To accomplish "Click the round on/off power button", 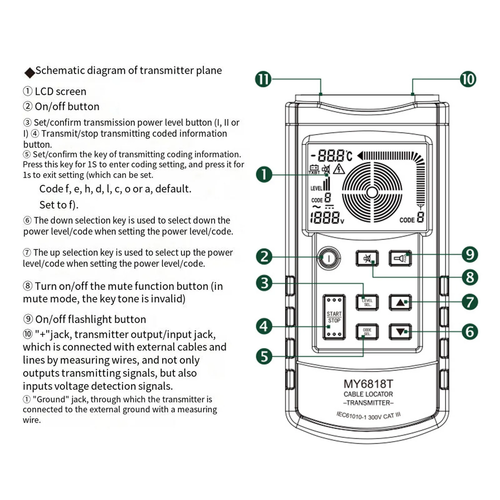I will pos(328,258).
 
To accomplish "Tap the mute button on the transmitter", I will pos(367,258).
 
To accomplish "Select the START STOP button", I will pos(334,317).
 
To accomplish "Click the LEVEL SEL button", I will pos(367,302).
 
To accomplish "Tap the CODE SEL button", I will pos(367,332).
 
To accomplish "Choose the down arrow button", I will pos(400,332).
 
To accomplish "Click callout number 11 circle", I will pos(263,79).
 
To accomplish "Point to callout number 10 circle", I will pos(468,79).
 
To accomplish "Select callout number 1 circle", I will pos(264,174).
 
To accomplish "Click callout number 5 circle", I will pos(264,356).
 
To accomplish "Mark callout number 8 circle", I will pos(470,277).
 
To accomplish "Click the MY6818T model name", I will pos(368,384).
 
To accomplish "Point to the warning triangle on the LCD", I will pos(339,169).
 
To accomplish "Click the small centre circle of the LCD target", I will pos(372,192).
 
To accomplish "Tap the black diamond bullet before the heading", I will pos(30,73).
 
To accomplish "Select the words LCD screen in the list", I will pos(60,92).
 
